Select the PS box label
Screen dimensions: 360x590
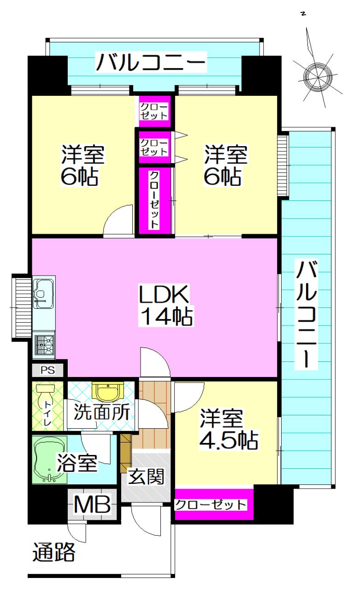47,370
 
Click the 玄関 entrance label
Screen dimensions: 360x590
146,476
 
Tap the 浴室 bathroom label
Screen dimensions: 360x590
77,463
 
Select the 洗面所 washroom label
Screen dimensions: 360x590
102,412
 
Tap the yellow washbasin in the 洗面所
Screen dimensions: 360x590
108,392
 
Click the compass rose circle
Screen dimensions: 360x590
319,78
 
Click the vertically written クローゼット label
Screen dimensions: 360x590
154,200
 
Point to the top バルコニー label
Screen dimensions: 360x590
150,62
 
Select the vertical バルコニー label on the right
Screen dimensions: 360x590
306,314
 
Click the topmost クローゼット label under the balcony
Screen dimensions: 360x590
154,111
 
